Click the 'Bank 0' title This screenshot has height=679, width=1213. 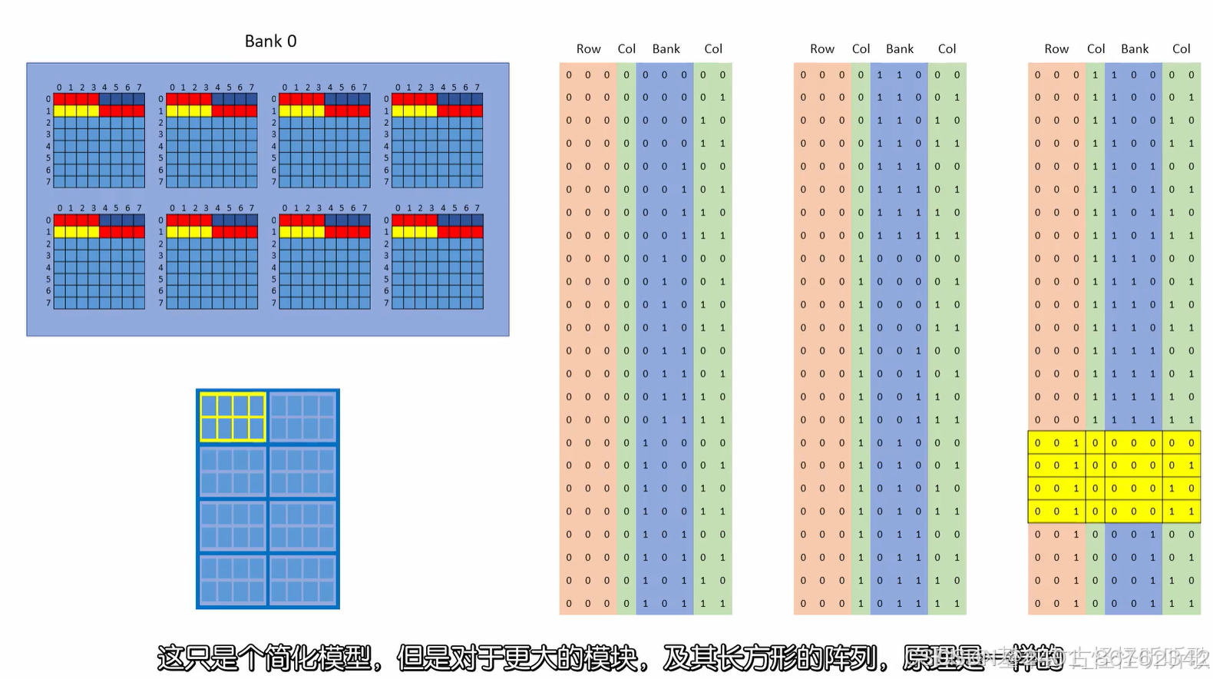coord(270,41)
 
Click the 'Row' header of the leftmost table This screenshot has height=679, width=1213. coord(588,49)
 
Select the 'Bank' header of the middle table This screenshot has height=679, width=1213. coord(900,49)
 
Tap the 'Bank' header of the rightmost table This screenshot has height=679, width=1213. coord(1135,49)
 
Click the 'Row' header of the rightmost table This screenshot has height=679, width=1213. coord(1056,49)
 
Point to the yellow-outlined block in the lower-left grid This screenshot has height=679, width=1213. coord(233,417)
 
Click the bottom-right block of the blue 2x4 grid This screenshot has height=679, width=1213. coord(302,581)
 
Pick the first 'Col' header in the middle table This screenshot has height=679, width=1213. coord(861,49)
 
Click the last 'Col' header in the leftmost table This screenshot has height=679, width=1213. coord(713,49)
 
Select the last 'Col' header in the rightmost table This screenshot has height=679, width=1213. coord(1181,49)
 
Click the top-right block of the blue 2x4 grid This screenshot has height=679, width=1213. coord(302,417)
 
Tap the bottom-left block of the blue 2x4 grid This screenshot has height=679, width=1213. coord(233,581)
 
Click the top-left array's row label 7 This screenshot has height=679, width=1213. coord(48,182)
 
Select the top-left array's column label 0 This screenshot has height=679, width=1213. coord(59,88)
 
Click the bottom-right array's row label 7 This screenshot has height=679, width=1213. coord(386,303)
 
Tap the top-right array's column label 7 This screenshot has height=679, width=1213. coord(477,88)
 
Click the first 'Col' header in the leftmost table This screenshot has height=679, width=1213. coord(626,49)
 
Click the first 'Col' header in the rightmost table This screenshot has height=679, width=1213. coord(1096,49)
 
